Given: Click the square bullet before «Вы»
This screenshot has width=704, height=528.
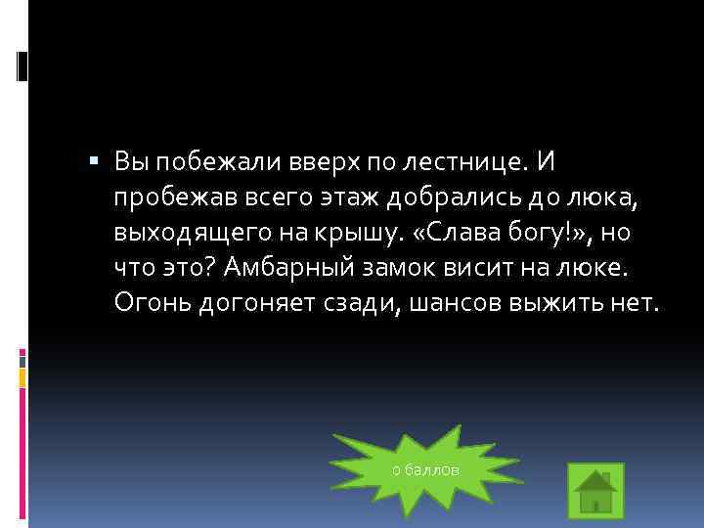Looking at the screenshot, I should coord(93,158).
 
